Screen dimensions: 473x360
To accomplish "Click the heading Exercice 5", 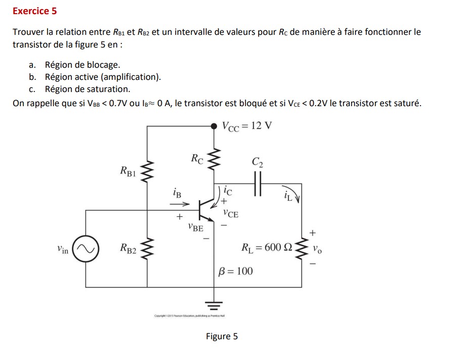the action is click(34, 11).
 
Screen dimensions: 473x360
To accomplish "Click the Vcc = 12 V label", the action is click(247, 126).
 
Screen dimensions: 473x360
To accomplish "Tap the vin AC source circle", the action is click(85, 249).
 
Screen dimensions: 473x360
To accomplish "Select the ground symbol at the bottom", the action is click(214, 304).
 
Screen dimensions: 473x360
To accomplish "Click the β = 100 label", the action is click(235, 271).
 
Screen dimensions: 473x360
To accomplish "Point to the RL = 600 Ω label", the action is click(267, 248).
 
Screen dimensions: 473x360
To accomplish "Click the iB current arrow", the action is click(179, 204).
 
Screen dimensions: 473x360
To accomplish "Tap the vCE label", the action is click(231, 214).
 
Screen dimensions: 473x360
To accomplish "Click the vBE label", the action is click(195, 228).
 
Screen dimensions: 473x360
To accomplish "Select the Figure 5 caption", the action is click(222, 337).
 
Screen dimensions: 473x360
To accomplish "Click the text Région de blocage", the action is click(82, 65).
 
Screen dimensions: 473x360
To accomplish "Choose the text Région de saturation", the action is click(88, 89).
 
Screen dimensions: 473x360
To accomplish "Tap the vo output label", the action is click(317, 249).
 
